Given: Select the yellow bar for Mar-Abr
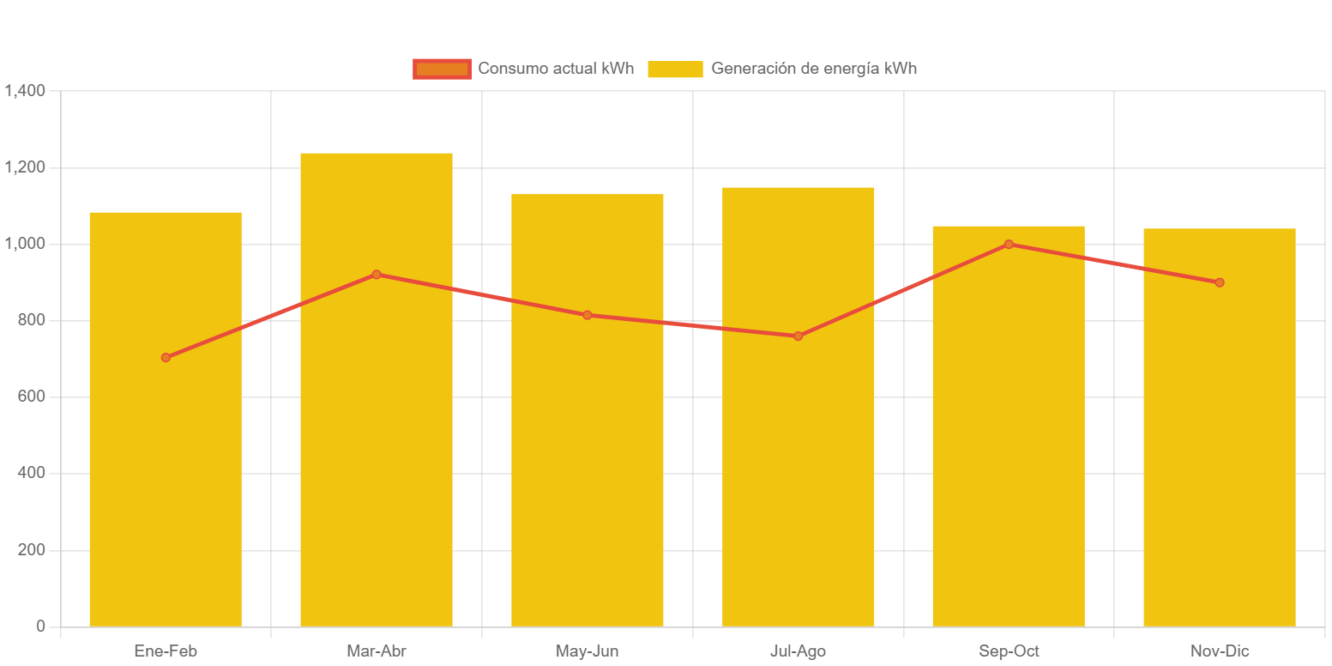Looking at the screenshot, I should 377,446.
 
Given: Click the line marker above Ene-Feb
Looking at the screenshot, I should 166,357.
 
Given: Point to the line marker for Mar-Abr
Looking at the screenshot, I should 377,275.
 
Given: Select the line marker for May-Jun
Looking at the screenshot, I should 588,315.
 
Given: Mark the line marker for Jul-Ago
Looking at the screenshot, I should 798,336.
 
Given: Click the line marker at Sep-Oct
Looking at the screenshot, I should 1009,245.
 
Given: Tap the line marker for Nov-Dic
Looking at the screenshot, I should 1219,282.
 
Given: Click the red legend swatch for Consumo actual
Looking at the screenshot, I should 442,69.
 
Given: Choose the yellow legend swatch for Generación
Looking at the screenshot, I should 675,69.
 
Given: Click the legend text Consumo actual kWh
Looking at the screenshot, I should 556,69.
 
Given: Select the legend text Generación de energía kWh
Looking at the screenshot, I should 814,69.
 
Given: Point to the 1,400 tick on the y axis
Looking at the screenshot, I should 25,90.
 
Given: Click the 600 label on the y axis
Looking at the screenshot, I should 31,397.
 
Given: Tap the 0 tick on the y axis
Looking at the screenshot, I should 40,627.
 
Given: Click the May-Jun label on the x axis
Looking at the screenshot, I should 588,651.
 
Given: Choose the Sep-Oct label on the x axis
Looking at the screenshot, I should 1009,651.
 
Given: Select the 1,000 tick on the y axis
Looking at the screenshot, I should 25,244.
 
